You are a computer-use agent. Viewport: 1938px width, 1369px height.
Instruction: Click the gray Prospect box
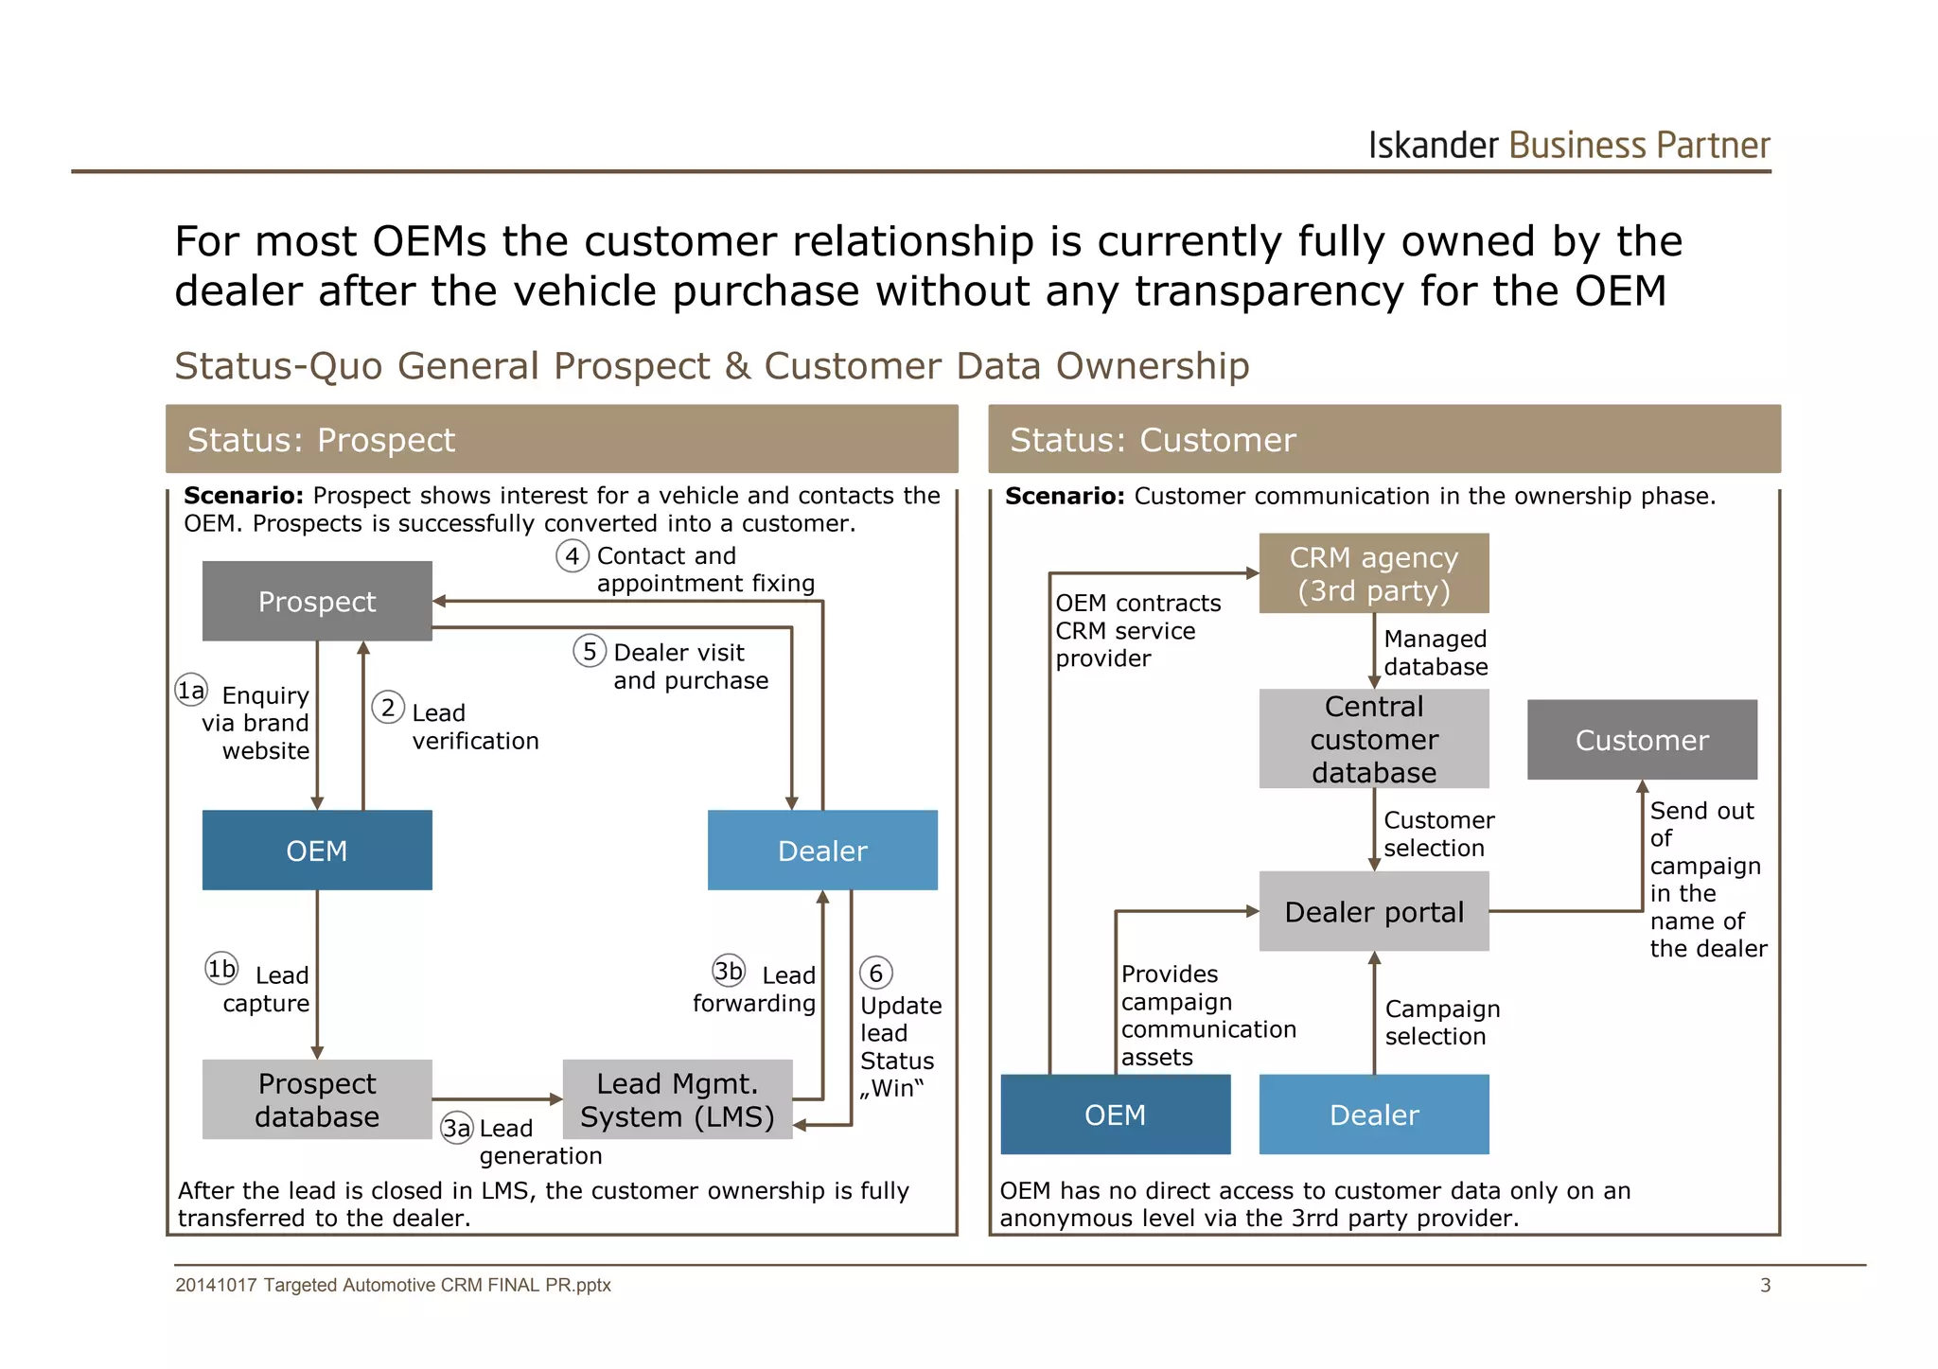pyautogui.click(x=317, y=602)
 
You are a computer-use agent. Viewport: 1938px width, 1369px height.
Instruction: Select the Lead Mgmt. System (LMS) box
pyautogui.click(x=677, y=1099)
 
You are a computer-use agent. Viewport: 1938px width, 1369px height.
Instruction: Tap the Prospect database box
pyautogui.click(x=317, y=1099)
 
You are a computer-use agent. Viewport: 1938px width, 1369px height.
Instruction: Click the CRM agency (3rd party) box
pyautogui.click(x=1373, y=574)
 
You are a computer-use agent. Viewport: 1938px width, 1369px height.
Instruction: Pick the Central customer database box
pyautogui.click(x=1373, y=739)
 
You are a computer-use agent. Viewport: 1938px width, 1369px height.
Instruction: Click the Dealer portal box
pyautogui.click(x=1373, y=912)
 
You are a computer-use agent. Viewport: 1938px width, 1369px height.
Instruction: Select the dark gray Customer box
pyautogui.click(x=1642, y=740)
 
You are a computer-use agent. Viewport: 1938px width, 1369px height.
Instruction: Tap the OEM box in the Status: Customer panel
pyautogui.click(x=1115, y=1115)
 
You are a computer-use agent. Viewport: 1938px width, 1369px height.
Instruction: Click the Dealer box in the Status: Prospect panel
pyautogui.click(x=822, y=851)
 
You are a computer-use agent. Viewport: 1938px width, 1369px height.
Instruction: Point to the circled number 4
pyautogui.click(x=573, y=556)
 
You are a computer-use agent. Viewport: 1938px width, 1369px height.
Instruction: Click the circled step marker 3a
pyautogui.click(x=457, y=1128)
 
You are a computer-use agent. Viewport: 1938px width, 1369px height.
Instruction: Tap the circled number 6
pyautogui.click(x=875, y=973)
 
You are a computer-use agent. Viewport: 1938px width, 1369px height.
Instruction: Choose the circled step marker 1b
pyautogui.click(x=221, y=969)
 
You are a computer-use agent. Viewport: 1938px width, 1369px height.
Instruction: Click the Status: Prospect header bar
pyautogui.click(x=561, y=440)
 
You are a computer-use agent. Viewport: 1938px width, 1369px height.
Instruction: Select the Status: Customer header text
pyautogui.click(x=1152, y=440)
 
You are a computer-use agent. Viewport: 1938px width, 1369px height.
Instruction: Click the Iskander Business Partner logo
pyautogui.click(x=1568, y=146)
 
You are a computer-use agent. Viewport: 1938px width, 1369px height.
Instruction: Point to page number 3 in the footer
pyautogui.click(x=1765, y=1285)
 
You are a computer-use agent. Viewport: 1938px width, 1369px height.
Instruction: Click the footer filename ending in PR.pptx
pyautogui.click(x=393, y=1285)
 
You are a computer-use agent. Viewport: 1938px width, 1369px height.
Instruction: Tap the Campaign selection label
pyautogui.click(x=1441, y=1023)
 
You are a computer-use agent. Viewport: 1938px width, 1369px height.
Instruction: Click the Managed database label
pyautogui.click(x=1435, y=653)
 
